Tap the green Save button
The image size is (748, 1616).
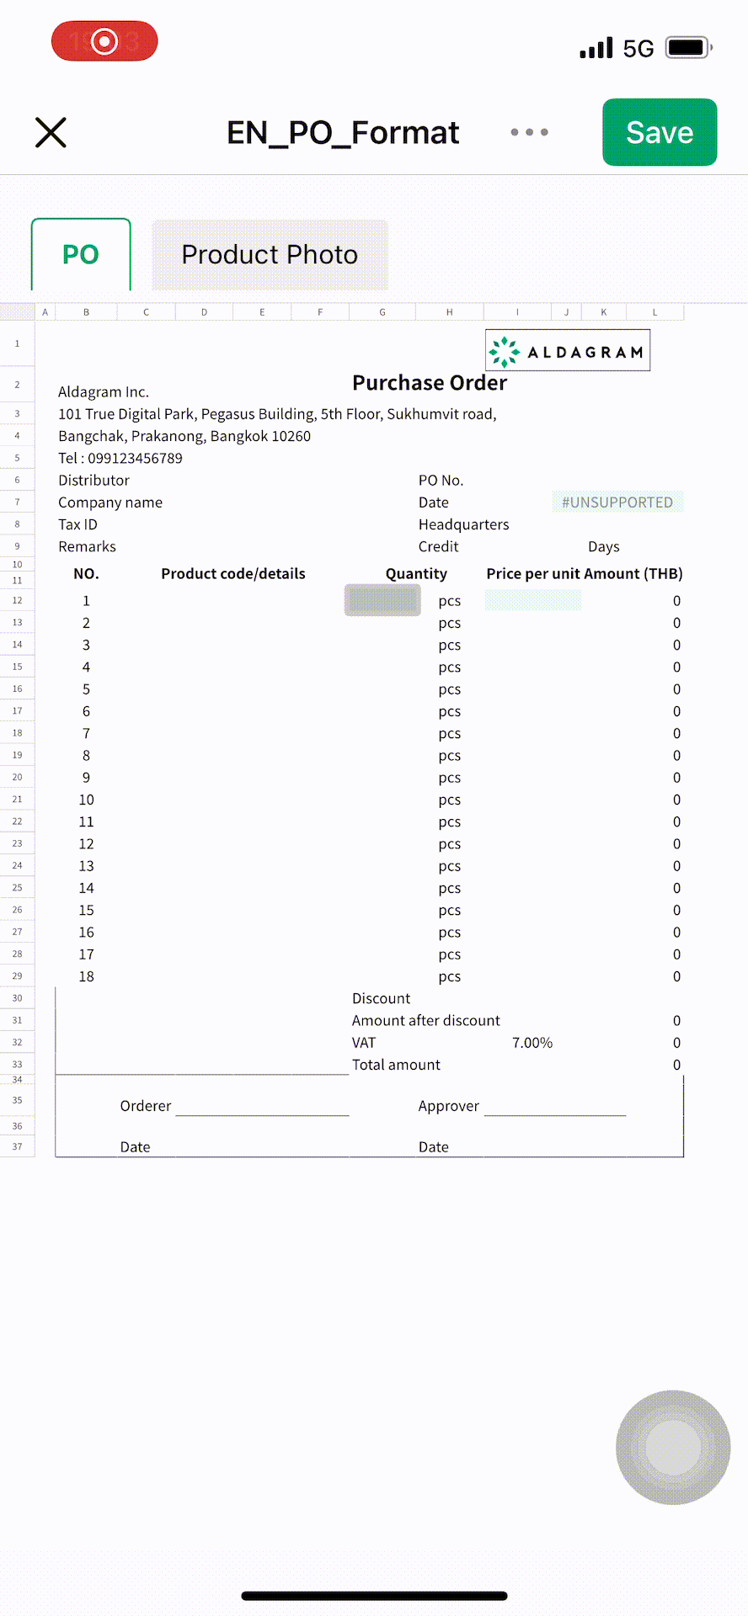tap(660, 132)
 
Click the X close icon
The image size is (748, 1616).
tap(51, 132)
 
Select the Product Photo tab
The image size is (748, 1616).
tap(270, 254)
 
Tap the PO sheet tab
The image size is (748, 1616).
tap(81, 254)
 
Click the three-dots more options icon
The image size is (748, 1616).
tap(529, 132)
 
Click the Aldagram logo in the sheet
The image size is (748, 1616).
tap(568, 351)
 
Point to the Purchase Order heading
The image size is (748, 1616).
tap(430, 383)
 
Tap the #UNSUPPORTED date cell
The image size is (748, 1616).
tap(617, 502)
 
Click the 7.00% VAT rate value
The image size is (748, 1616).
tap(532, 1043)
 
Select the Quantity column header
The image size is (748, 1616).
tap(416, 574)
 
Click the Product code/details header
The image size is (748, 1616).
tap(233, 574)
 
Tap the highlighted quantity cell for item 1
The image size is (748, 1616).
tap(382, 600)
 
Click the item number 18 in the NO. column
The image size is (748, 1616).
tap(86, 976)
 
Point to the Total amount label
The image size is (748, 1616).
tap(396, 1065)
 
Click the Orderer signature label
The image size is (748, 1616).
tap(146, 1106)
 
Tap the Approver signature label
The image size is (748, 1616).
tap(448, 1106)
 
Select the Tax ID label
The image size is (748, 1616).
tap(77, 524)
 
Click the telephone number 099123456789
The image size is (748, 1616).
tap(135, 459)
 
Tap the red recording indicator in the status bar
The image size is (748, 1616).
tap(104, 41)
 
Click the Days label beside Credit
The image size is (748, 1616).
tap(603, 547)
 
